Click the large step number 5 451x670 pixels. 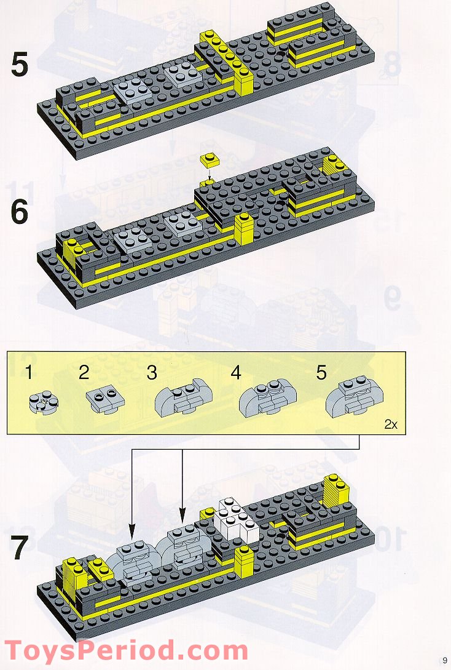click(20, 65)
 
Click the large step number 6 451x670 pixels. click(20, 212)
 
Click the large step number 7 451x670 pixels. click(20, 549)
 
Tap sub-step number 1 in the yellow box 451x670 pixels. click(30, 372)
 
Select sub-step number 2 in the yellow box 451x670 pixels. click(84, 372)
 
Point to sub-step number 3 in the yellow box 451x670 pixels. click(152, 372)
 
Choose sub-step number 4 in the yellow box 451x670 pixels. click(236, 372)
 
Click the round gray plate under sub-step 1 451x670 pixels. click(41, 402)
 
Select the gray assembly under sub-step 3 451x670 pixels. click(180, 402)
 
